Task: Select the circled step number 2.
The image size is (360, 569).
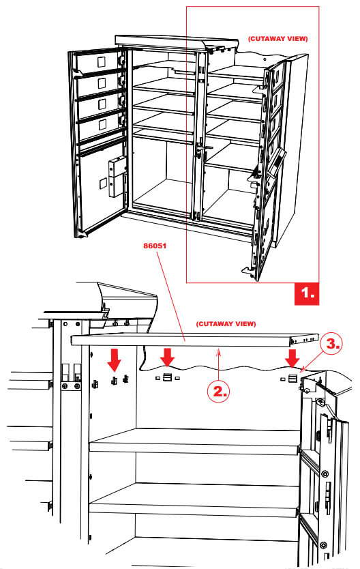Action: pos(218,391)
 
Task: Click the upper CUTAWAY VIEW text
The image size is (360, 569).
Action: pos(277,40)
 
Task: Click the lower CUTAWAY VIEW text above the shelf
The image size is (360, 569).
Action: pos(226,323)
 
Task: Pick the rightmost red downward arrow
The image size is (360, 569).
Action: pos(293,357)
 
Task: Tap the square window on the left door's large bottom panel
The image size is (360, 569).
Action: pos(105,184)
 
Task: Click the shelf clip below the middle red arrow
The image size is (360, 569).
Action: pos(167,378)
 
